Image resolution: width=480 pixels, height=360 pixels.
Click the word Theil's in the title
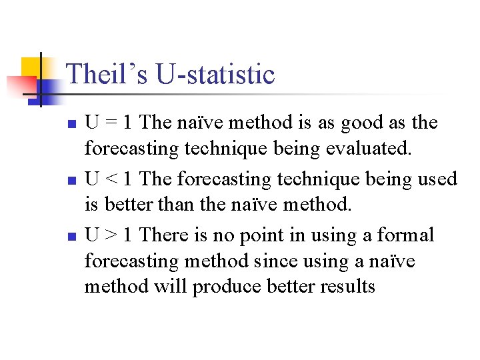tap(107, 74)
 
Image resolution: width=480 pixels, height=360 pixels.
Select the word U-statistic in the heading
tap(215, 74)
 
